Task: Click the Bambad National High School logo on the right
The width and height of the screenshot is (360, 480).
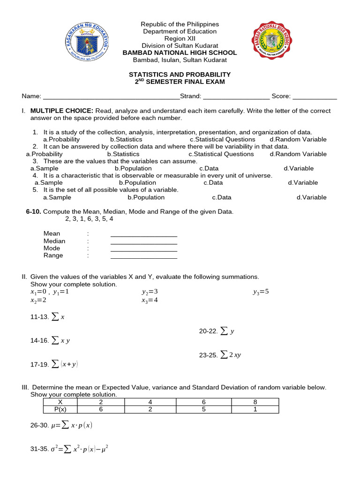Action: [271, 43]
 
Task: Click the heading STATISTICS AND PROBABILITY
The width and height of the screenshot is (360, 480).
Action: [180, 75]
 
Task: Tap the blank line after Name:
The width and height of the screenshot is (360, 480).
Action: [111, 97]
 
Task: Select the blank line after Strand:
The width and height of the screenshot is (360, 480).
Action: [236, 97]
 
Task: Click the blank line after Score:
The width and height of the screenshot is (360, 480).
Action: [315, 97]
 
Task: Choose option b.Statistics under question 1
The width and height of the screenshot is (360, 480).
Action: [126, 139]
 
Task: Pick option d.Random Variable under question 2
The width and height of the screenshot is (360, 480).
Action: [298, 154]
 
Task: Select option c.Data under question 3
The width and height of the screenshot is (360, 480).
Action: [209, 168]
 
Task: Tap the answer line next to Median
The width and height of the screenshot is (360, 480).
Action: [143, 242]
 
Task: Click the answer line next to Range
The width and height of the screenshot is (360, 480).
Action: [143, 257]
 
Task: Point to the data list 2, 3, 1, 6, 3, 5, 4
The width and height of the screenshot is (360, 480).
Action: [89, 218]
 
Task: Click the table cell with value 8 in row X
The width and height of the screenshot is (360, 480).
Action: [255, 402]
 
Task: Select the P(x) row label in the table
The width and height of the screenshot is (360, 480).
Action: [60, 409]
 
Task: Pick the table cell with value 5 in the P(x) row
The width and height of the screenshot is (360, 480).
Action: [204, 409]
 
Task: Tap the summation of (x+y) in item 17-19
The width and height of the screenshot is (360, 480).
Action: [65, 364]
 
